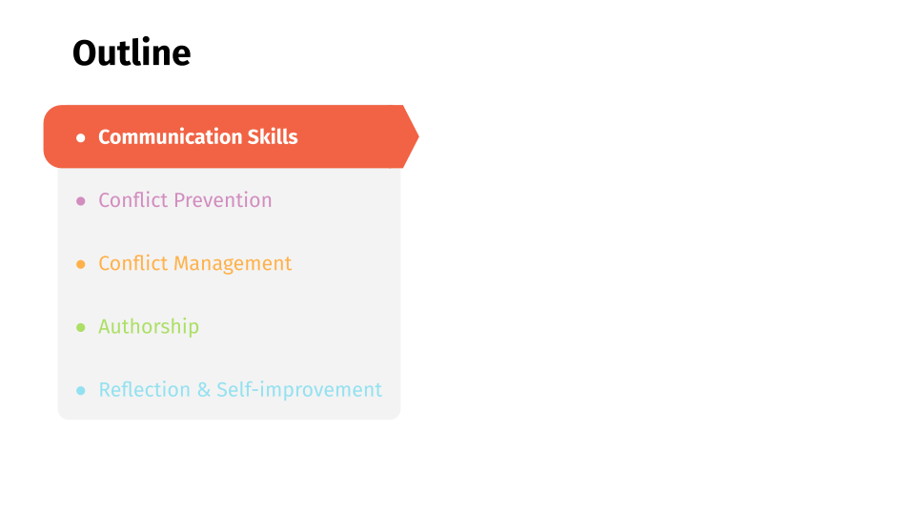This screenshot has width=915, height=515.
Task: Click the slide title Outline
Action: [132, 52]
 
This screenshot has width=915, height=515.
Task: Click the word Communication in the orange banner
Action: [170, 136]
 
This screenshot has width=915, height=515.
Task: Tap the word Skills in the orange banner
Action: [273, 136]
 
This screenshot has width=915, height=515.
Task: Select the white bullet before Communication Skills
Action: [80, 137]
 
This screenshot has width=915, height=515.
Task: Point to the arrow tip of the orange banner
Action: [418, 136]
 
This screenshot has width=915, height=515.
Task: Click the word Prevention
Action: [223, 200]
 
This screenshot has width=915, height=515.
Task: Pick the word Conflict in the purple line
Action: [133, 200]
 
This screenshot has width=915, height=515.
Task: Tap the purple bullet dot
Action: [80, 201]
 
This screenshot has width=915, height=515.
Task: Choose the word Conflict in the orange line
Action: [133, 263]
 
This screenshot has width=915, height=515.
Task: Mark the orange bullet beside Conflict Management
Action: [80, 264]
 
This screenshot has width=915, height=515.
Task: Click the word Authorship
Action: [149, 327]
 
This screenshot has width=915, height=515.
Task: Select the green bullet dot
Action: [80, 327]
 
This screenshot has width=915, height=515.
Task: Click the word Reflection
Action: [145, 389]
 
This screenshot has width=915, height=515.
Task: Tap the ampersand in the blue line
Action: [204, 390]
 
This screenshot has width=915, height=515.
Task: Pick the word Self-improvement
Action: [299, 389]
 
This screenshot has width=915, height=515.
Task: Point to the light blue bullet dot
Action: [80, 390]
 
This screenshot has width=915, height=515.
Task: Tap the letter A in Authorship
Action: [105, 326]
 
